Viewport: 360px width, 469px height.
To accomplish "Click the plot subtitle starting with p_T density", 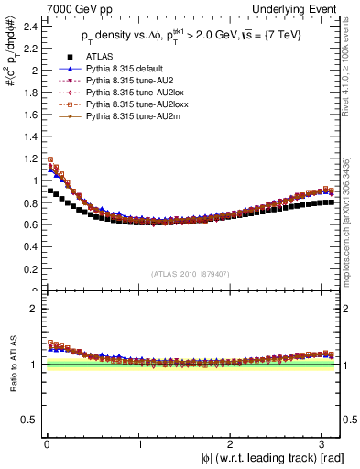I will (x=192, y=35).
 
